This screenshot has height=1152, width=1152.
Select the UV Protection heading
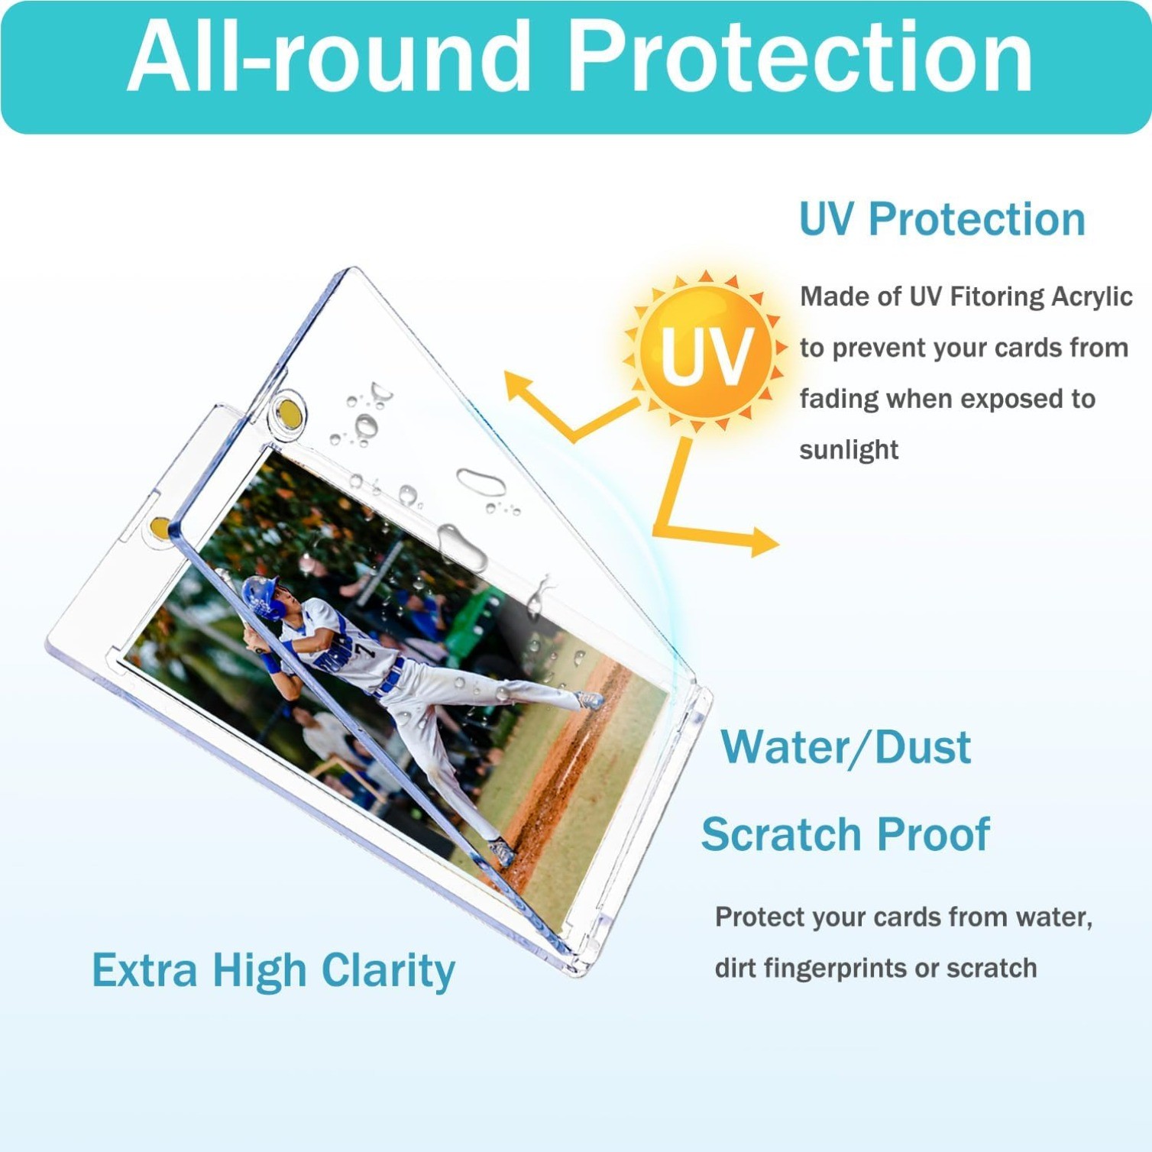(942, 220)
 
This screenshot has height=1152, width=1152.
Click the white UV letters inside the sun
(707, 357)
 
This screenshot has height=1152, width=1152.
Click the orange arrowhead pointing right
(765, 542)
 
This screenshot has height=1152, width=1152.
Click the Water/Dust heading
(846, 747)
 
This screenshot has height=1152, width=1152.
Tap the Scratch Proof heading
(846, 834)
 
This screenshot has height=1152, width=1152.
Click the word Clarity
(388, 972)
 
